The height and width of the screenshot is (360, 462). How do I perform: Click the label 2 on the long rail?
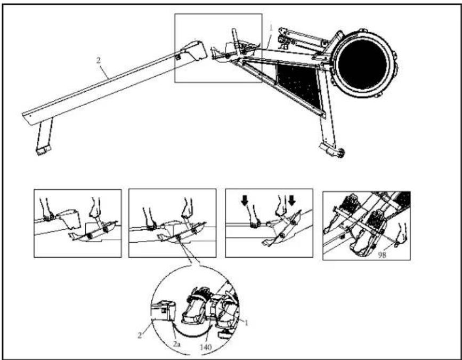pos(99,60)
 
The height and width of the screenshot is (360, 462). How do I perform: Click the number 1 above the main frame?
pos(271,28)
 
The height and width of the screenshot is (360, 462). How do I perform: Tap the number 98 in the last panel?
pos(382,255)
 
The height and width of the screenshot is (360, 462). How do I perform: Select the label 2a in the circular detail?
pos(176,344)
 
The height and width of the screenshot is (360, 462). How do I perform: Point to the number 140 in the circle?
pos(206,347)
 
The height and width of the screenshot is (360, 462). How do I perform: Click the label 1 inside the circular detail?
pos(247,323)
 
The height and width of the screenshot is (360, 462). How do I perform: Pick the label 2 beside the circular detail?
pos(140,335)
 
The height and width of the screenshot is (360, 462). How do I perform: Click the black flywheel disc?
pos(362,65)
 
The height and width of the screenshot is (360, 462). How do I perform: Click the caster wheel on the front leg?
pos(341,153)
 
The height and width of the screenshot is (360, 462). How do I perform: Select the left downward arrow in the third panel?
pos(245,201)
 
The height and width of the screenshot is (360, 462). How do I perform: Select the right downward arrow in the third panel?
pos(291,201)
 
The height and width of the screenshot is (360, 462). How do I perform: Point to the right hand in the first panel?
pos(95,209)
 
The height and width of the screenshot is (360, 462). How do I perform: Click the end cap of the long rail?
pos(194,50)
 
